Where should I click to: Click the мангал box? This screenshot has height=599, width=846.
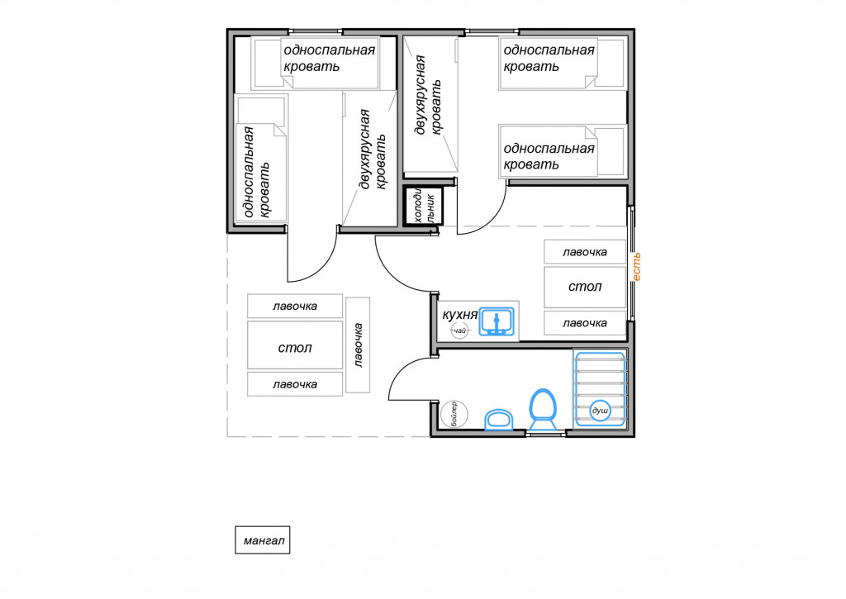pos(262,540)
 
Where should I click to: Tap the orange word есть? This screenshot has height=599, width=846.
pos(636,267)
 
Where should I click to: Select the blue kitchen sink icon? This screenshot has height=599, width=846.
pos(497,321)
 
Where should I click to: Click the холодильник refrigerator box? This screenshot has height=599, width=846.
pos(424,206)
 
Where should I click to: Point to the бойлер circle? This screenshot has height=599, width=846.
pos(454,415)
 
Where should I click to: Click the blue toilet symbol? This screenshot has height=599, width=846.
pos(543,409)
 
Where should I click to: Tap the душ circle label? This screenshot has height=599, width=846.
pos(600,411)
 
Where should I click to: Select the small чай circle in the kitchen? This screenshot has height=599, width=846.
pos(459,330)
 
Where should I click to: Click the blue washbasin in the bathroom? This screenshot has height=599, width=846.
pos(499,420)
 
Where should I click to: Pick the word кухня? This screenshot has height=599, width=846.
pos(459,314)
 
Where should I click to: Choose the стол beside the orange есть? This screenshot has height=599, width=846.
pos(585,287)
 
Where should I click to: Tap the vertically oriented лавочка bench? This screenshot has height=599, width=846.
pos(358,345)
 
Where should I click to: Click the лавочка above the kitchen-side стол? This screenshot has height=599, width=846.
pos(585,252)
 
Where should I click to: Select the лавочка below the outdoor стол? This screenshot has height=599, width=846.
pos(295,384)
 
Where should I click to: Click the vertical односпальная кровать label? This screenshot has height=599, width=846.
pos(257,172)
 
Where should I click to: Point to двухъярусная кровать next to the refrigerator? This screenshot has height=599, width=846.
pos(429,95)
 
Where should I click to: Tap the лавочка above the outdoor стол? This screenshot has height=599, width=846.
pos(295,306)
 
